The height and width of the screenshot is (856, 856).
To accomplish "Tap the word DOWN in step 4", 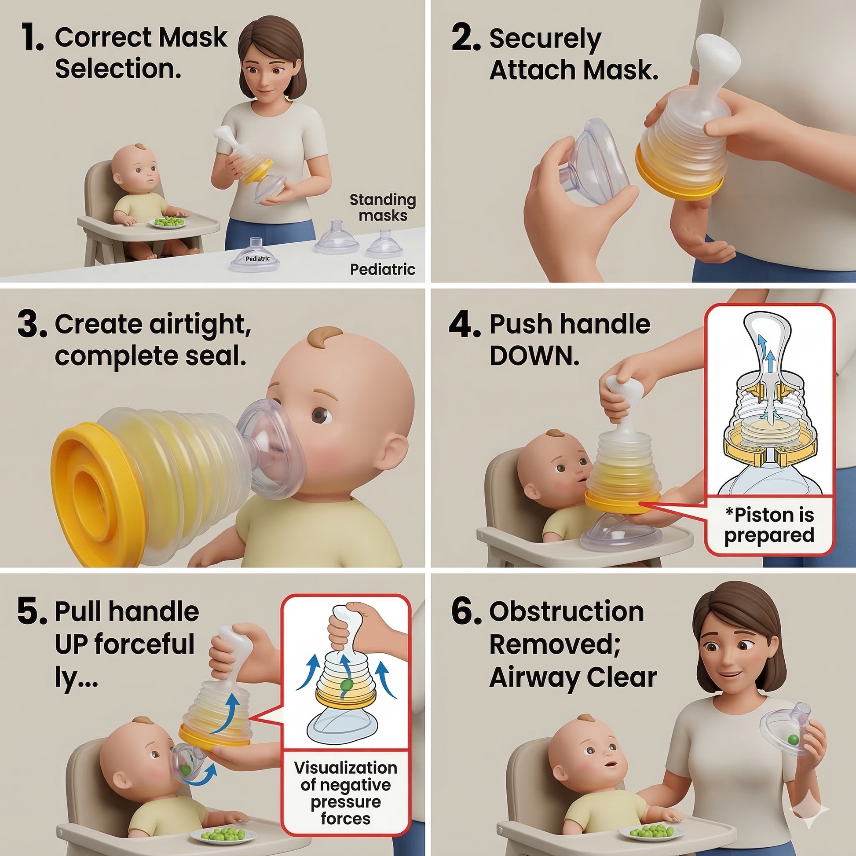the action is pos(534,355).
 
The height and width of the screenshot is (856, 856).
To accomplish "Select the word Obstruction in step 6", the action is pos(567,612).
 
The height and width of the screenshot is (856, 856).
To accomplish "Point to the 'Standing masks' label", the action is pos(382,207).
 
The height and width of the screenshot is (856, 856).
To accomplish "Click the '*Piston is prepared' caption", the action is pos(770,525).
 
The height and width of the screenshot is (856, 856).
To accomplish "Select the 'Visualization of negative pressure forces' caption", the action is pos(346,793).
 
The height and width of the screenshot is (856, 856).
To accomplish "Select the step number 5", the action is pos(32,612).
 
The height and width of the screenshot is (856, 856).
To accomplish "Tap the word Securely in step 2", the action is pos(545,39).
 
